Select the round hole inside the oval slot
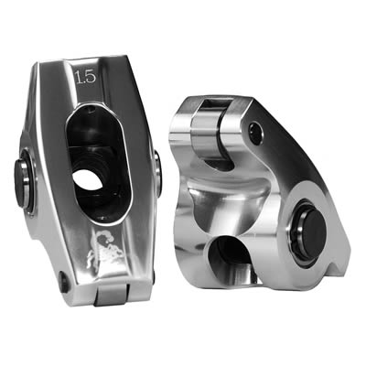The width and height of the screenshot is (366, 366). [88, 178]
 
